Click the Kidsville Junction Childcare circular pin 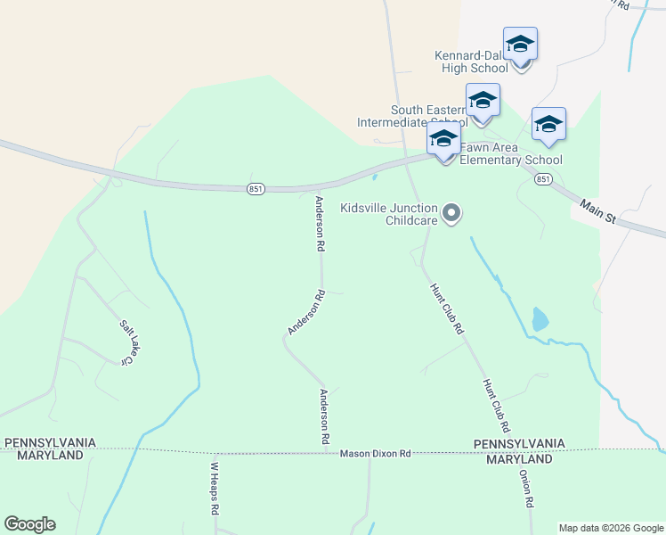[452, 212]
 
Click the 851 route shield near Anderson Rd [256, 188]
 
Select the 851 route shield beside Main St [542, 179]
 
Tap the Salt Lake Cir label [129, 343]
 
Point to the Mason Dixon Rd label [375, 454]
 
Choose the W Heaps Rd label [214, 489]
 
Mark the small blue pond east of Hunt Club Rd [540, 318]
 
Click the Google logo [29, 524]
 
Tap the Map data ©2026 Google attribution [610, 528]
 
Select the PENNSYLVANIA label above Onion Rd [519, 443]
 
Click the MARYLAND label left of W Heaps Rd [44, 455]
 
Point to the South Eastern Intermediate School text [410, 116]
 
